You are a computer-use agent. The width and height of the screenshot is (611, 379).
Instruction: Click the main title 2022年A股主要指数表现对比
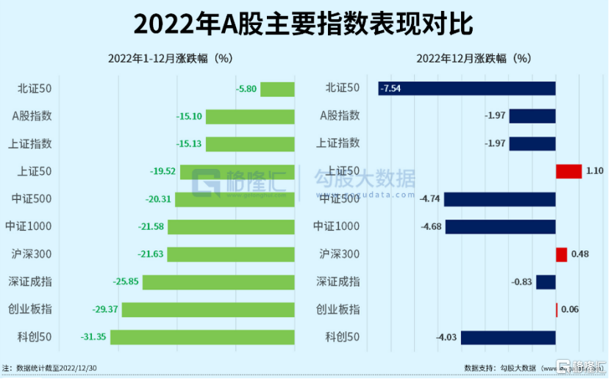[x=304, y=24]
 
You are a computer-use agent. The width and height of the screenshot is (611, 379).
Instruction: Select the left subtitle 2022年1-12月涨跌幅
[x=170, y=59]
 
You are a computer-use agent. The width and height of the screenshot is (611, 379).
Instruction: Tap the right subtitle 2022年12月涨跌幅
[x=474, y=59]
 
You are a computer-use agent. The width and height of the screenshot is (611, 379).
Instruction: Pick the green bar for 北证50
[x=277, y=89]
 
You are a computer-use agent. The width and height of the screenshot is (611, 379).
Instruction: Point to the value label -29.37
[x=106, y=309]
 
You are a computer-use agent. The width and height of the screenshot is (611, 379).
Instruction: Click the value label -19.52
[x=162, y=171]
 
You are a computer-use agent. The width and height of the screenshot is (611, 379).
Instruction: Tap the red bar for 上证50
[x=568, y=171]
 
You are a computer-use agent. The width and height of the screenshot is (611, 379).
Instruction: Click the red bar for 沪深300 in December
[x=561, y=254]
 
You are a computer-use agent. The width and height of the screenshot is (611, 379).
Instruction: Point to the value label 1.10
[x=595, y=171]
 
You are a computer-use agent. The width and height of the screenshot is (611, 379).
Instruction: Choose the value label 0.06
[x=570, y=309]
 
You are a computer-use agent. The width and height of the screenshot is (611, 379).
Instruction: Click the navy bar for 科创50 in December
[x=508, y=337]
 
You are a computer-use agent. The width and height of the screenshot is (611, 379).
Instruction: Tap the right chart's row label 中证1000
[x=337, y=226]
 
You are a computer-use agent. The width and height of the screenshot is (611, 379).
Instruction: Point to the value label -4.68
[x=430, y=226]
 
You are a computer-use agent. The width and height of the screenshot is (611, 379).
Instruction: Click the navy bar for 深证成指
[x=546, y=281]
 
